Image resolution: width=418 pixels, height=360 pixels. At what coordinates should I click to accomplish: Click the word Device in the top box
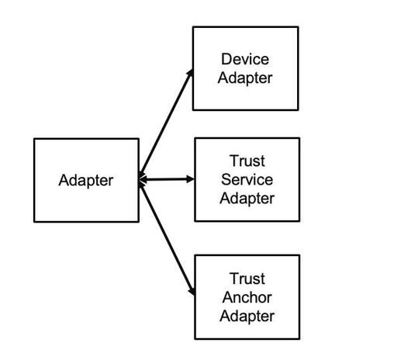[x=245, y=59]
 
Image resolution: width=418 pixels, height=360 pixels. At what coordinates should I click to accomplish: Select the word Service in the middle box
[x=247, y=179]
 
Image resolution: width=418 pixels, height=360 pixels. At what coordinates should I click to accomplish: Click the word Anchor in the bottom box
[x=247, y=297]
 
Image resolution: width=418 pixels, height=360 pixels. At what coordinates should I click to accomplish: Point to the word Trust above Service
[x=247, y=161]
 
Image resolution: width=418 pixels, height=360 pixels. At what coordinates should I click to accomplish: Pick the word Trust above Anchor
[x=247, y=279]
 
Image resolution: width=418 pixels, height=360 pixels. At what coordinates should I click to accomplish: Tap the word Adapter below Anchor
[x=247, y=315]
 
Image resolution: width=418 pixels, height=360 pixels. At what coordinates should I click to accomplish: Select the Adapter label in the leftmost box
[x=86, y=181]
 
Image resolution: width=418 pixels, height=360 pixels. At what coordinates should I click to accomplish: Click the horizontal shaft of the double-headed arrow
[x=167, y=180]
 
